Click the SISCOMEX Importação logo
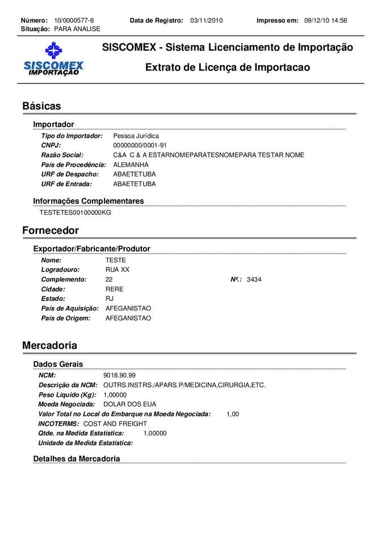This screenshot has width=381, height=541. click(53, 59)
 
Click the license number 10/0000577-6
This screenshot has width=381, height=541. click(74, 20)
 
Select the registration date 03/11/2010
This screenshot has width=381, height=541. click(207, 20)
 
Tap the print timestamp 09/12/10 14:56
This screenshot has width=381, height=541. click(325, 20)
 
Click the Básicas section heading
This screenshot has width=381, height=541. click(41, 106)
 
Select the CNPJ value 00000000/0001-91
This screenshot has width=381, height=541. click(140, 145)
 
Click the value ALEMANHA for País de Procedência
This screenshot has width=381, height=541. click(131, 165)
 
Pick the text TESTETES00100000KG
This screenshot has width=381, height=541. click(76, 213)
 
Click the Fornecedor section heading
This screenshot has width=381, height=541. click(51, 230)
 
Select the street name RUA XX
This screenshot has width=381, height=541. click(118, 270)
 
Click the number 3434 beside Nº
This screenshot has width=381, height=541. click(254, 279)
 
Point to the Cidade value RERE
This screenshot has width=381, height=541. click(114, 289)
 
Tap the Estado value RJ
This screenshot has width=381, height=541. click(110, 299)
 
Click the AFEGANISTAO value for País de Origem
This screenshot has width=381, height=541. click(128, 318)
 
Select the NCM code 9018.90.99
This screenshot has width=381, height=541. click(119, 375)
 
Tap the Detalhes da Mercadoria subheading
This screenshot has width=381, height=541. click(77, 459)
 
